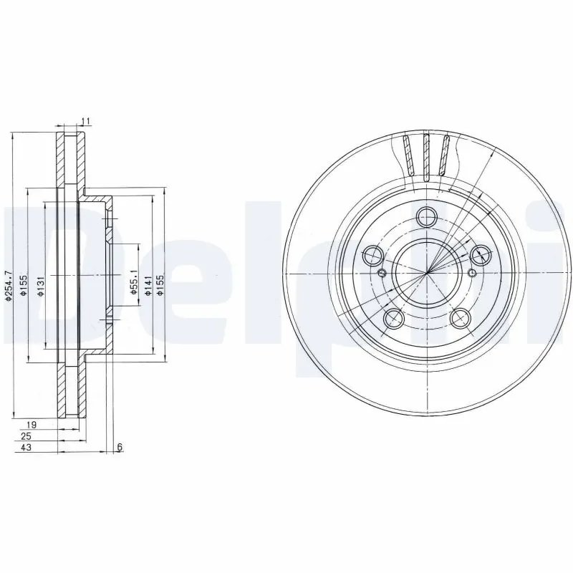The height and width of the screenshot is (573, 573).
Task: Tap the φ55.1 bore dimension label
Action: tap(133, 281)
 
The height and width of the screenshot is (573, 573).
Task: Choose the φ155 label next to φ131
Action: tap(24, 285)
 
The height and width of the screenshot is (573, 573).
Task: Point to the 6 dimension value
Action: tap(120, 448)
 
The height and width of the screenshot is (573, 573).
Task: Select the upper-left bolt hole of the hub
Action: tap(373, 254)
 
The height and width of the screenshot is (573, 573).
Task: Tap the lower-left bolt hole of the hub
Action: tap(393, 318)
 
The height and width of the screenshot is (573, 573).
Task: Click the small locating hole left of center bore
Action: tap(382, 273)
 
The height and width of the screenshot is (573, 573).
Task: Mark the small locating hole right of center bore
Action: tap(473, 273)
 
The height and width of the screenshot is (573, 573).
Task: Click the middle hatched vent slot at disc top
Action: tap(428, 155)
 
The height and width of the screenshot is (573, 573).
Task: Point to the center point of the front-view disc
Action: tap(427, 273)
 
